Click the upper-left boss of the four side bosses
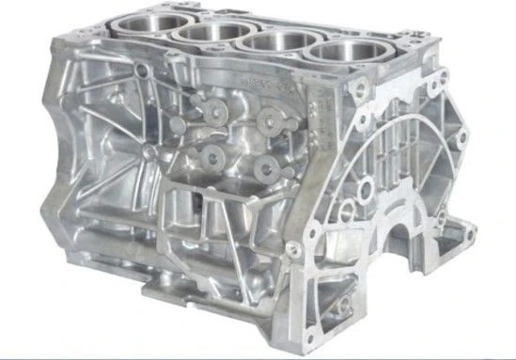(214, 112)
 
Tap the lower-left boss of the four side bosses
(209, 153)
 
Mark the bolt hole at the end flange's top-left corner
(356, 89)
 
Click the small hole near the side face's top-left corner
(140, 70)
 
